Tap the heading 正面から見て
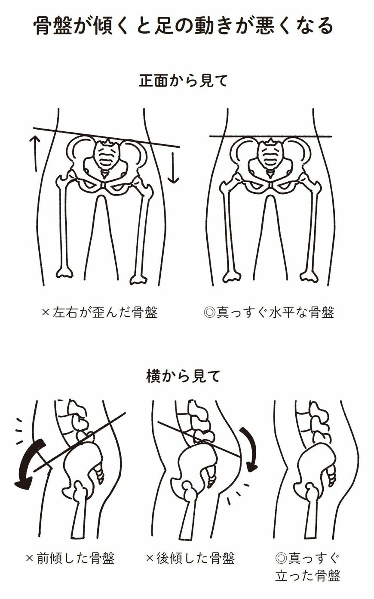click(x=183, y=81)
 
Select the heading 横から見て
click(x=183, y=376)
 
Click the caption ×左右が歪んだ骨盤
click(x=99, y=312)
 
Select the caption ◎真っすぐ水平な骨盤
click(x=269, y=312)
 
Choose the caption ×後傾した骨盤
click(x=190, y=559)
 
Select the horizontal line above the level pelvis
click(x=270, y=137)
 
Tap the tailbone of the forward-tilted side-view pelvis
click(x=100, y=474)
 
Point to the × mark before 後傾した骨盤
click(x=150, y=559)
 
